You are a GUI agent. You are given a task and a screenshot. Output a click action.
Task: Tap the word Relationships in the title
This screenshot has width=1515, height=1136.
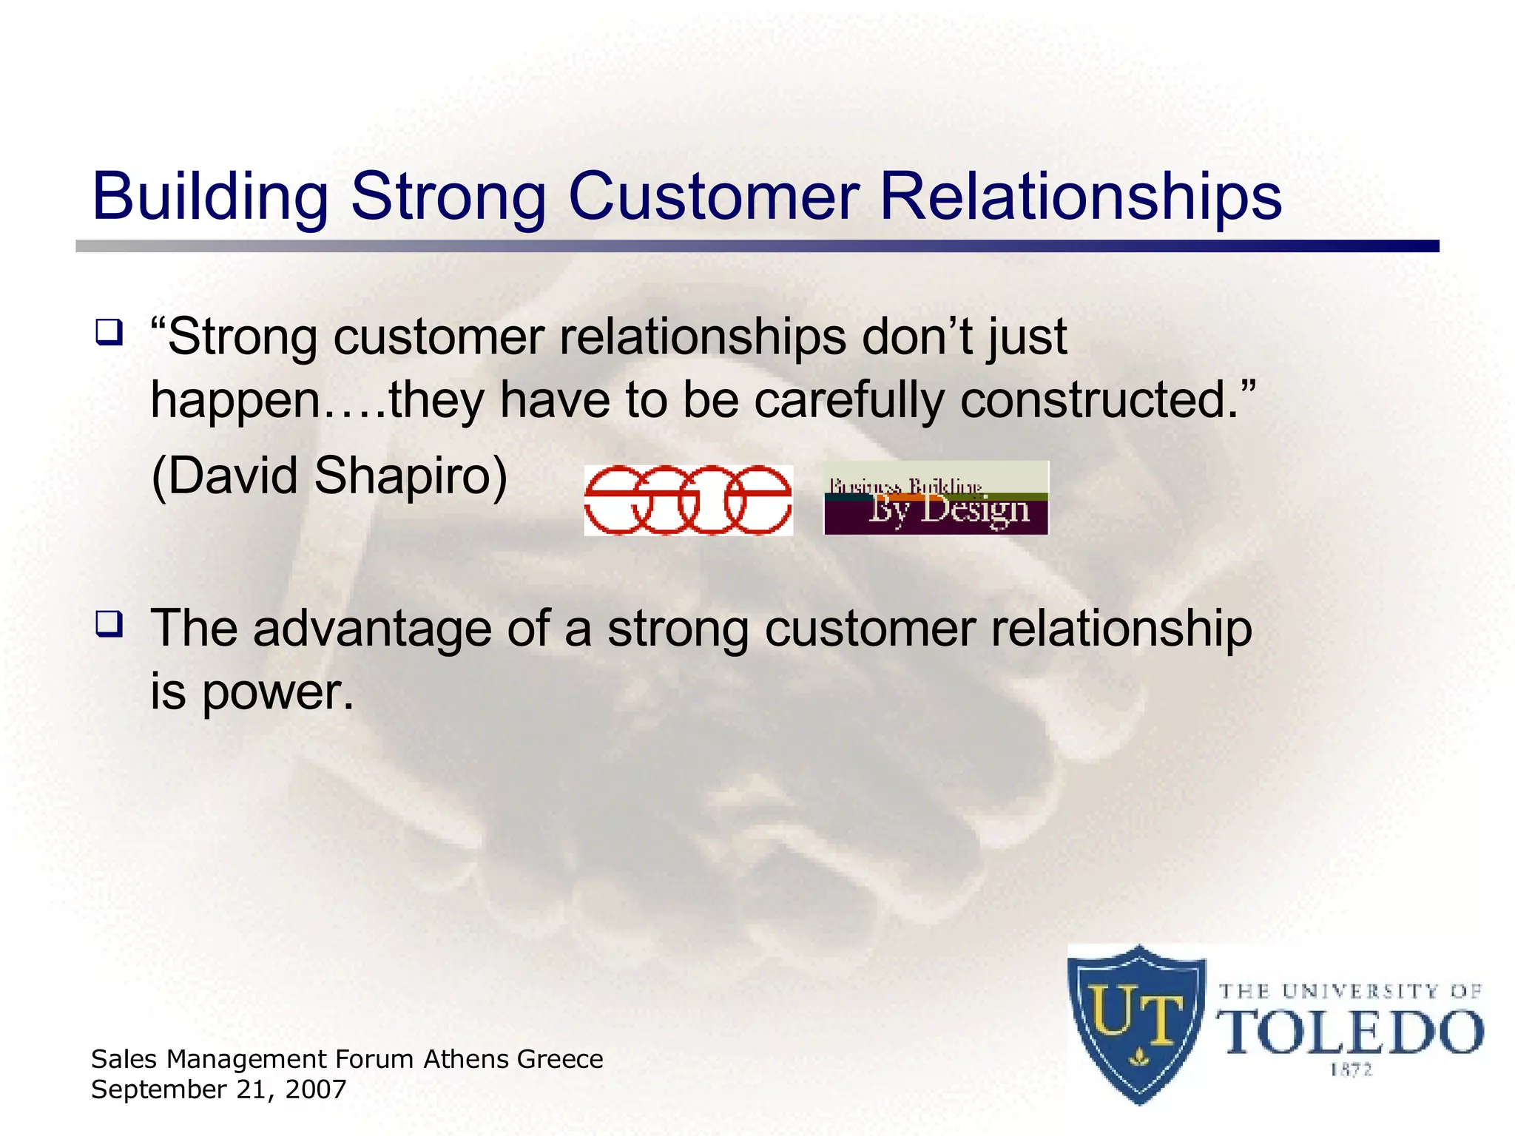(1080, 197)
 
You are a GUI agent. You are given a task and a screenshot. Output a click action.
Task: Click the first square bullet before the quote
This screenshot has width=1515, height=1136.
(109, 332)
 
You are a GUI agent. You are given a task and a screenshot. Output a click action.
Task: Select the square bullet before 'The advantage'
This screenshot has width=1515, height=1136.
(109, 624)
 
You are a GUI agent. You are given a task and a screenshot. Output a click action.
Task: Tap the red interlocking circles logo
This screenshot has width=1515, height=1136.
(688, 501)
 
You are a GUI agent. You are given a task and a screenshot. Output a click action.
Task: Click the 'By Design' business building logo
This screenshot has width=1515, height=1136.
(936, 498)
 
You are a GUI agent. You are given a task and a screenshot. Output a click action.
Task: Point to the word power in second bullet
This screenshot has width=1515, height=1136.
(277, 693)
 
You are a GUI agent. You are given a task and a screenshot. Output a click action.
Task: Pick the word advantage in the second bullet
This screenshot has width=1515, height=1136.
(372, 629)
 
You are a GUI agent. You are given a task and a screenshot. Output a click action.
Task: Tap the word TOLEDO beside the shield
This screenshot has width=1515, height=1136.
(1350, 1033)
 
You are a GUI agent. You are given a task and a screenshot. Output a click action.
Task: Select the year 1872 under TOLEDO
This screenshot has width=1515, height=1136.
(1351, 1070)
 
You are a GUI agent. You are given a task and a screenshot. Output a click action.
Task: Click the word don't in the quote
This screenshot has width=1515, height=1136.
(920, 337)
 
